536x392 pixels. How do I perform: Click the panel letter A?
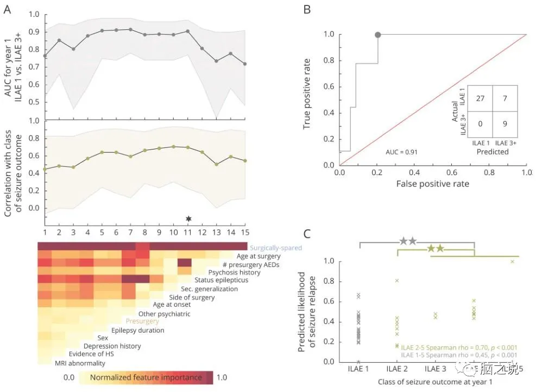click(7, 10)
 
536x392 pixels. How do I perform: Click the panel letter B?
click(307, 10)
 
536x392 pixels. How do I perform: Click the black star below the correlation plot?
click(188, 219)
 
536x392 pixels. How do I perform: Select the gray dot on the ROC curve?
click(378, 35)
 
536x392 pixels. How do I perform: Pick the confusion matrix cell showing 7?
click(506, 99)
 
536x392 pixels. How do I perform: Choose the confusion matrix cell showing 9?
click(506, 125)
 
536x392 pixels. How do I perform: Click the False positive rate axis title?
click(432, 184)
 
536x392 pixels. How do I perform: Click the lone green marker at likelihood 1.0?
click(512, 262)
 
